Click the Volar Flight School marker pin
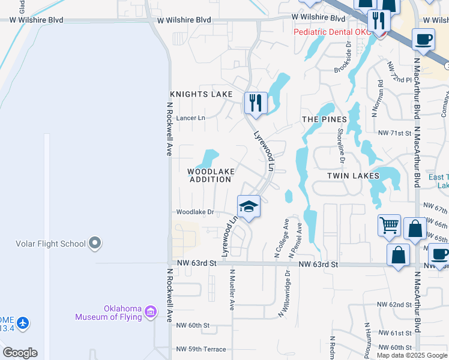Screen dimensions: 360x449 (x=94, y=243)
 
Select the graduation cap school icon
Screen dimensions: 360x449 (x=249, y=207)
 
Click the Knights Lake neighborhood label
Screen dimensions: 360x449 (x=200, y=94)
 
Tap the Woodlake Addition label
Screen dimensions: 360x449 (x=211, y=175)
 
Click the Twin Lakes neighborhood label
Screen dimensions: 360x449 (x=353, y=176)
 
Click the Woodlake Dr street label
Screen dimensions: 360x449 (x=195, y=212)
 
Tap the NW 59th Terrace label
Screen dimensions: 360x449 (x=201, y=349)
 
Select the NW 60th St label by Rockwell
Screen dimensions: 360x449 (x=193, y=325)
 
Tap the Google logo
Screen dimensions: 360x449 (x=20, y=353)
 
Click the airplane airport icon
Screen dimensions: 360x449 (x=23, y=323)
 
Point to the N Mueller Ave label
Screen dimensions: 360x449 (x=232, y=289)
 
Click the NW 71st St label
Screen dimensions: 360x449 (x=394, y=133)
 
